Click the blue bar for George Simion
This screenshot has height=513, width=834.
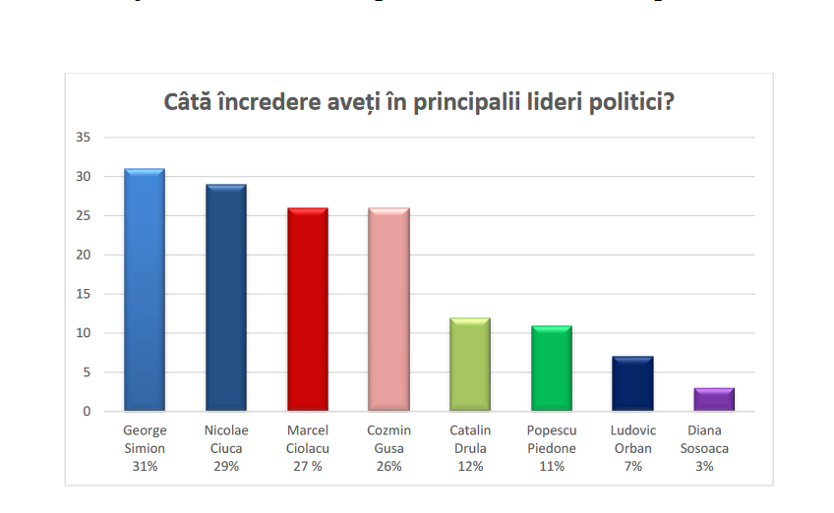pyautogui.click(x=145, y=290)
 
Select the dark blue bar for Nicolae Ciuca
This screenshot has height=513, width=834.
pyautogui.click(x=225, y=298)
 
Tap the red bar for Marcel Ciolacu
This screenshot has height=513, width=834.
pyautogui.click(x=307, y=310)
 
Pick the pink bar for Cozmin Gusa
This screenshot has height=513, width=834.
pyautogui.click(x=388, y=310)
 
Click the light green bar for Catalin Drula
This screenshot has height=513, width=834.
pyautogui.click(x=470, y=365)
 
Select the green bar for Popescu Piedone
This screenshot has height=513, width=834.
pyautogui.click(x=552, y=369)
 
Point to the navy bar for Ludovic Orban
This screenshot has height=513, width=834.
pyautogui.click(x=632, y=384)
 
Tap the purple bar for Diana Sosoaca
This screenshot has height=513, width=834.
pyautogui.click(x=714, y=400)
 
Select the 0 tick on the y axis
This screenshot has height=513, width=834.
pyautogui.click(x=87, y=412)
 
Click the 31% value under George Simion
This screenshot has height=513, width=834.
pyautogui.click(x=145, y=467)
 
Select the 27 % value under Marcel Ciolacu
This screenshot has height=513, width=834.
pyautogui.click(x=307, y=467)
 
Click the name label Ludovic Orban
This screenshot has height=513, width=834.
pyautogui.click(x=632, y=439)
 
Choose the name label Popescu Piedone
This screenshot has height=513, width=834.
pyautogui.click(x=552, y=439)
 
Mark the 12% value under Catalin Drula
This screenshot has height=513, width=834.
pyautogui.click(x=470, y=467)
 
